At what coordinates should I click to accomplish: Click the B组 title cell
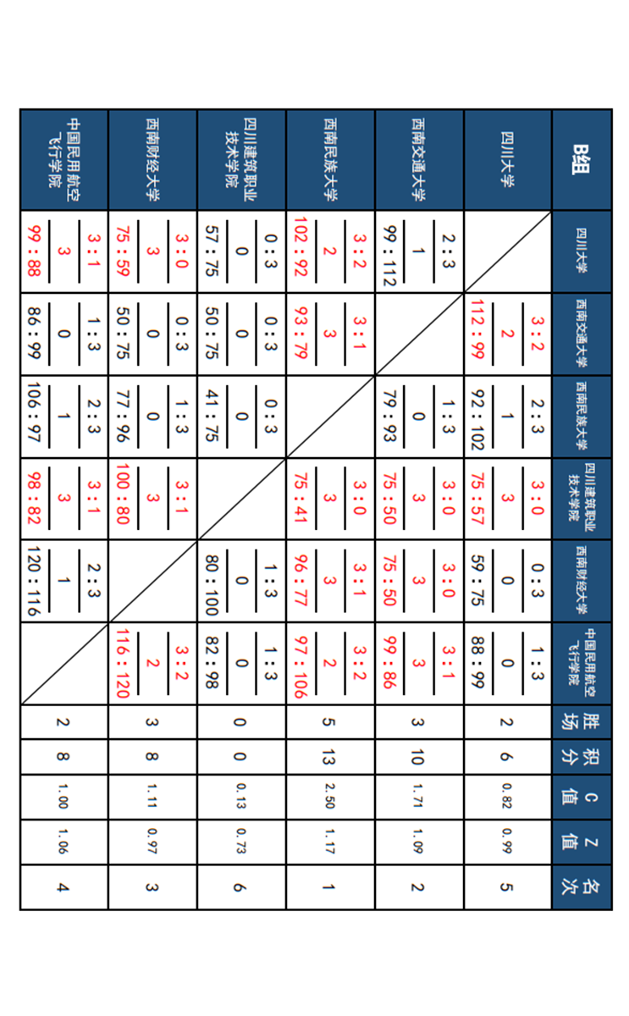click(x=582, y=159)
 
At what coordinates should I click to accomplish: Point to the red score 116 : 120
click(x=122, y=665)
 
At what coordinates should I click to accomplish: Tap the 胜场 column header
click(x=582, y=721)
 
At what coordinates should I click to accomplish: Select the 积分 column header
click(x=582, y=757)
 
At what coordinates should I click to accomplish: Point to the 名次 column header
click(x=582, y=886)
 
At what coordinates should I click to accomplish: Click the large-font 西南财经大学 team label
click(x=152, y=159)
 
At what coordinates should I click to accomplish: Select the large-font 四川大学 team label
click(x=508, y=159)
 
